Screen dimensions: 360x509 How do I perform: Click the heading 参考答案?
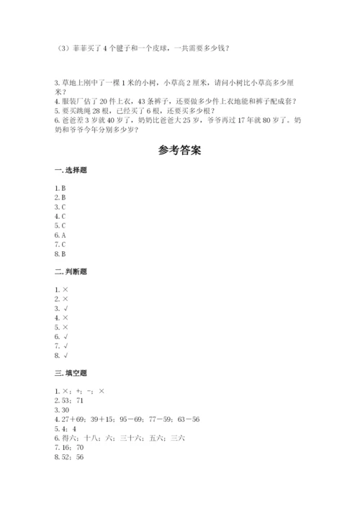click(x=179, y=151)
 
